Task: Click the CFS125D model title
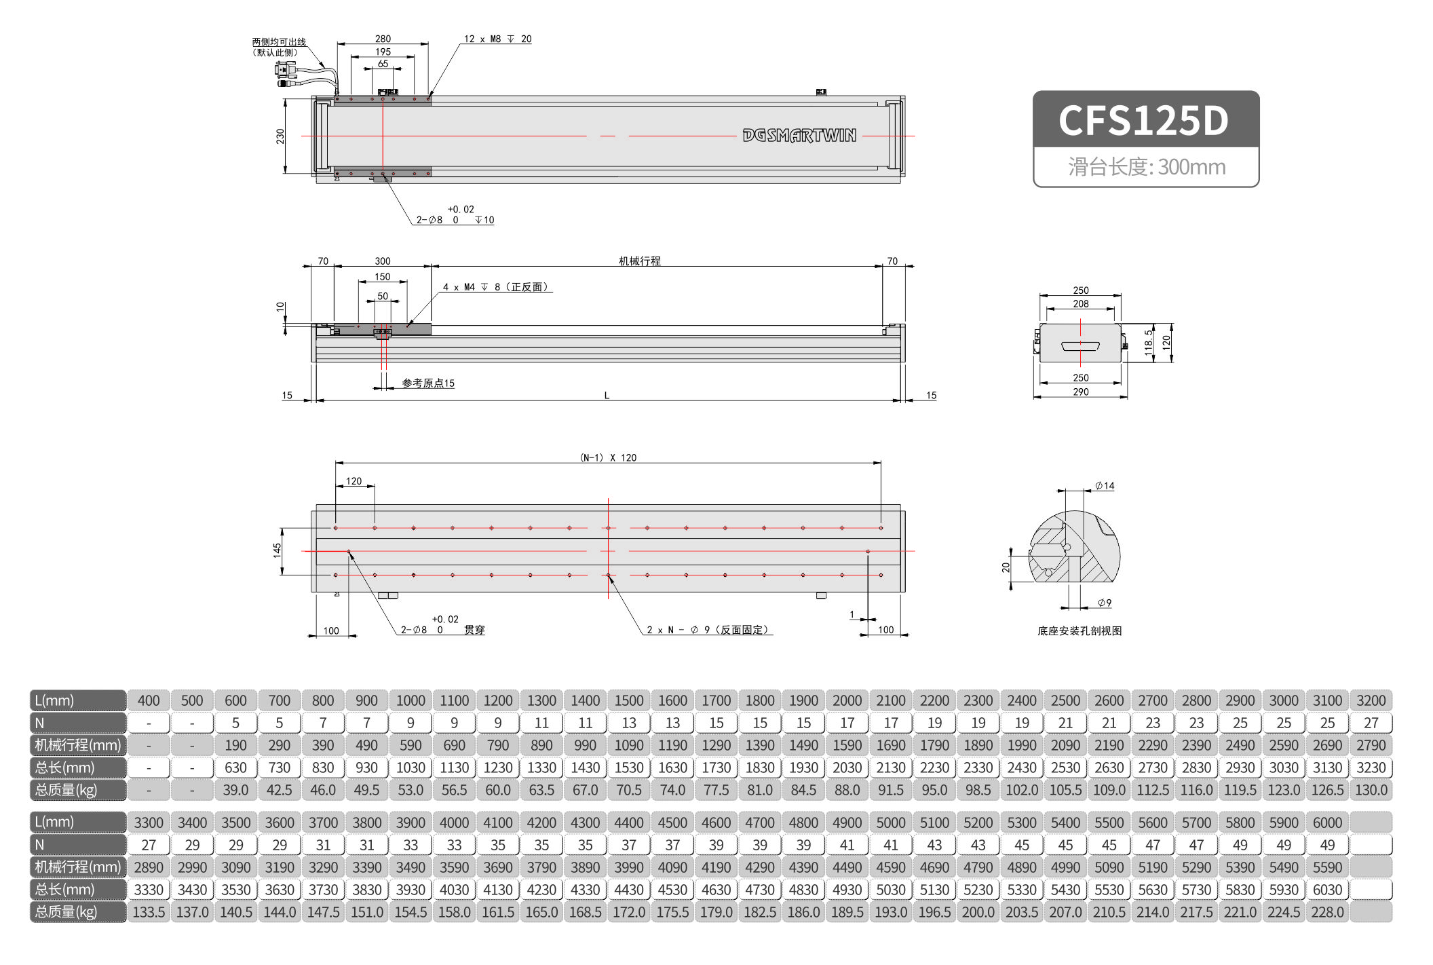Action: [1144, 121]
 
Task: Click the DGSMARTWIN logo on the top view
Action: [799, 136]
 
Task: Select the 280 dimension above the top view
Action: [383, 39]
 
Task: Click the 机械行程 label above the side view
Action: [639, 261]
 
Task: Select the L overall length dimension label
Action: [607, 395]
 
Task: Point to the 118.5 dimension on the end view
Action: [1148, 343]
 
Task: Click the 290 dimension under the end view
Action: [1080, 392]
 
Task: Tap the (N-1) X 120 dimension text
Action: [608, 457]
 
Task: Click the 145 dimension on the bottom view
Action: [277, 550]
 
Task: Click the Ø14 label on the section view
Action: [1105, 486]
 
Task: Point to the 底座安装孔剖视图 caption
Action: [1079, 631]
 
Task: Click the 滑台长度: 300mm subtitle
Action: [1146, 167]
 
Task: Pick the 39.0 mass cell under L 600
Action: [235, 790]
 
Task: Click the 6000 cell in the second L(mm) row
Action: [1326, 822]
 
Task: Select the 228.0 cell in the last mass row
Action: [1326, 912]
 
